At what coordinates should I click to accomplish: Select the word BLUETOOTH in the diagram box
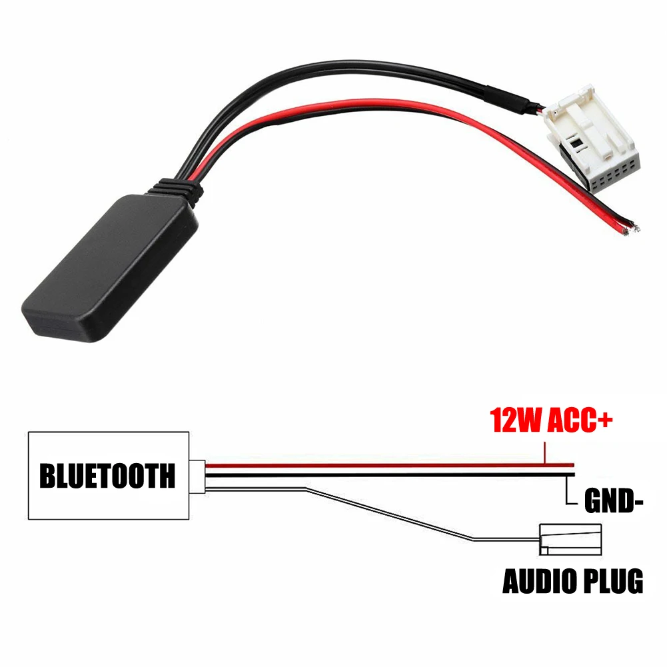[x=107, y=476]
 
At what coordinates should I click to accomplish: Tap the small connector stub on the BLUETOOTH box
[x=198, y=476]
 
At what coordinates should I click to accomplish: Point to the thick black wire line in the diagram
[x=386, y=475]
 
